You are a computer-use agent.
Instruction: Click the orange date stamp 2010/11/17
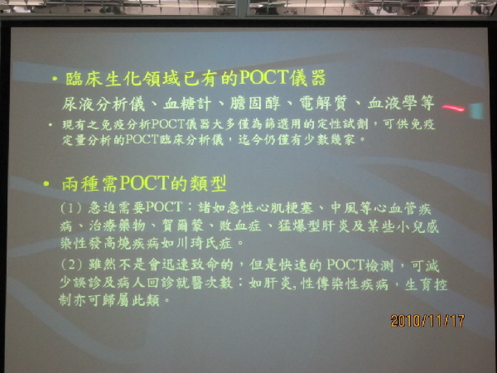pos(427,321)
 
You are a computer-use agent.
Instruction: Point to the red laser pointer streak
pos(453,108)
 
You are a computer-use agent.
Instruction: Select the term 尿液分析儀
pos(103,104)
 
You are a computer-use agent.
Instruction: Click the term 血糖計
pos(187,104)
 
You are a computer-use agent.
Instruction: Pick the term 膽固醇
pos(255,104)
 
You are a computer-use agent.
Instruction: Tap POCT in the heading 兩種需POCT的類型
pos(144,183)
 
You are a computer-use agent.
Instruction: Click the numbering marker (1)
pos(71,208)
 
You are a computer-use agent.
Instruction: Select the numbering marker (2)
pos(71,264)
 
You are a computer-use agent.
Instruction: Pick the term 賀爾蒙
pos(183,226)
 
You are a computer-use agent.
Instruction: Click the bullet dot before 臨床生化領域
pos(55,79)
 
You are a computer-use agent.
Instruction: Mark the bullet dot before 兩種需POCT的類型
pos(46,184)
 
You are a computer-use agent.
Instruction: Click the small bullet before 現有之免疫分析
pos(51,125)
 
